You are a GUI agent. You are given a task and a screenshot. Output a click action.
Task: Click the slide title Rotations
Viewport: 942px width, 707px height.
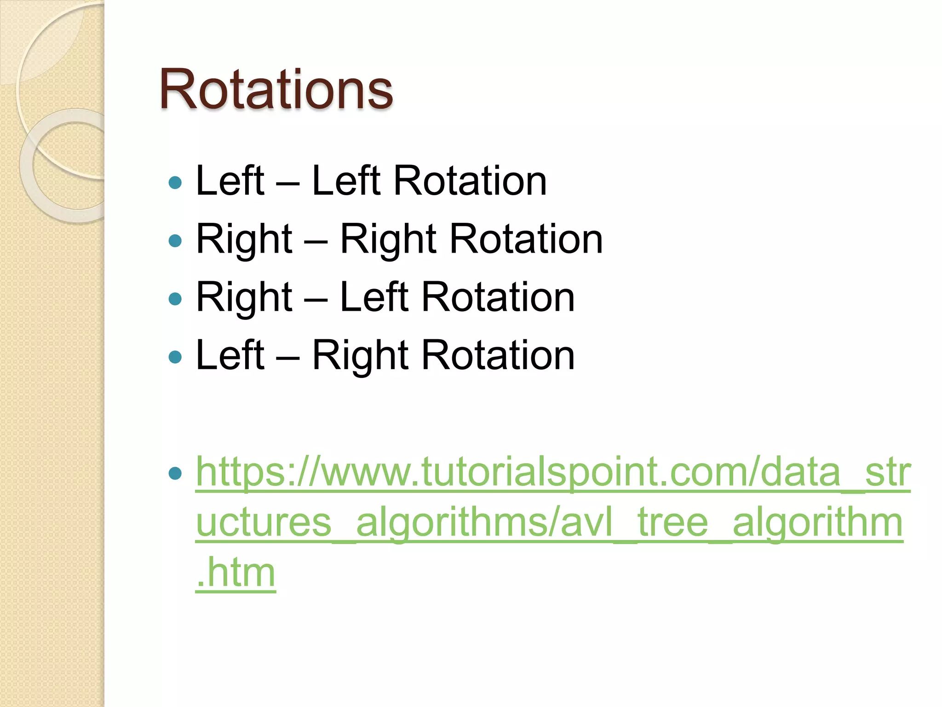click(x=276, y=89)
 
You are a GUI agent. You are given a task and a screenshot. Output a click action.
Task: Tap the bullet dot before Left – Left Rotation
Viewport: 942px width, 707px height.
click(x=175, y=183)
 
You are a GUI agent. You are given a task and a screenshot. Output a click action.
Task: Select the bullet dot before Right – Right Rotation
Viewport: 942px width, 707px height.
click(x=175, y=240)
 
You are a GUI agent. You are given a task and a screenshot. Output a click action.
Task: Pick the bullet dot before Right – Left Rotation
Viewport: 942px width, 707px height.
click(x=175, y=299)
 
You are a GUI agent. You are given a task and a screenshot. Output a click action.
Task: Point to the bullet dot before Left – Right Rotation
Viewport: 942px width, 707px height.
click(x=175, y=357)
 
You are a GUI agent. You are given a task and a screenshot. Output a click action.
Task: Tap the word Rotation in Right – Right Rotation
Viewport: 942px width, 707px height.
click(x=526, y=239)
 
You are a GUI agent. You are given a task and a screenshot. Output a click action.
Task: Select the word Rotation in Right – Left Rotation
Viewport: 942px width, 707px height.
click(x=498, y=297)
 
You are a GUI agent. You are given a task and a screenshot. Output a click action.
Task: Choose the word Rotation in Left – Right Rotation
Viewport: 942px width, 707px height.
click(x=498, y=355)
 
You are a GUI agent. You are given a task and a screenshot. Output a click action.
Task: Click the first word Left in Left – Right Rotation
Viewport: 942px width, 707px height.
click(x=230, y=355)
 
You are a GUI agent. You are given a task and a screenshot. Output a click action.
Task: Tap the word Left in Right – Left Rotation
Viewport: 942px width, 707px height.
click(x=374, y=297)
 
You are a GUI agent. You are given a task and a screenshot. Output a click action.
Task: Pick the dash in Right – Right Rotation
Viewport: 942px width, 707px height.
click(x=316, y=241)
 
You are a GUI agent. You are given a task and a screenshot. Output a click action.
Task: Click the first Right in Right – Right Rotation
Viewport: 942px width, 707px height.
click(x=244, y=239)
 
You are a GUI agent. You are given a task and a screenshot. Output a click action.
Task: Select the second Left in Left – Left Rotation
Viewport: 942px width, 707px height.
click(x=346, y=181)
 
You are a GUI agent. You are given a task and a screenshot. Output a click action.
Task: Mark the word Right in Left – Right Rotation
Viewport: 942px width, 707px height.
click(x=360, y=355)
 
